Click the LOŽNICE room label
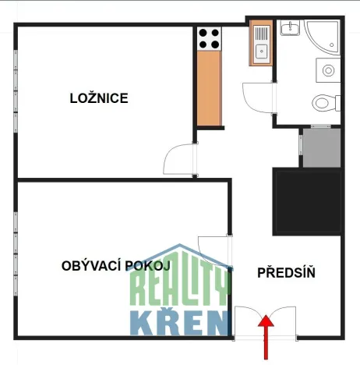98,98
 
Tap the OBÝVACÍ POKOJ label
115,266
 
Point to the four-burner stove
209,38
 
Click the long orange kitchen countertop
209,86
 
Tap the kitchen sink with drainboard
260,44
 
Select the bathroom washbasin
291,29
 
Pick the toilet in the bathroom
323,101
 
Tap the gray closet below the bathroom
321,147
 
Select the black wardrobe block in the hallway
307,201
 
